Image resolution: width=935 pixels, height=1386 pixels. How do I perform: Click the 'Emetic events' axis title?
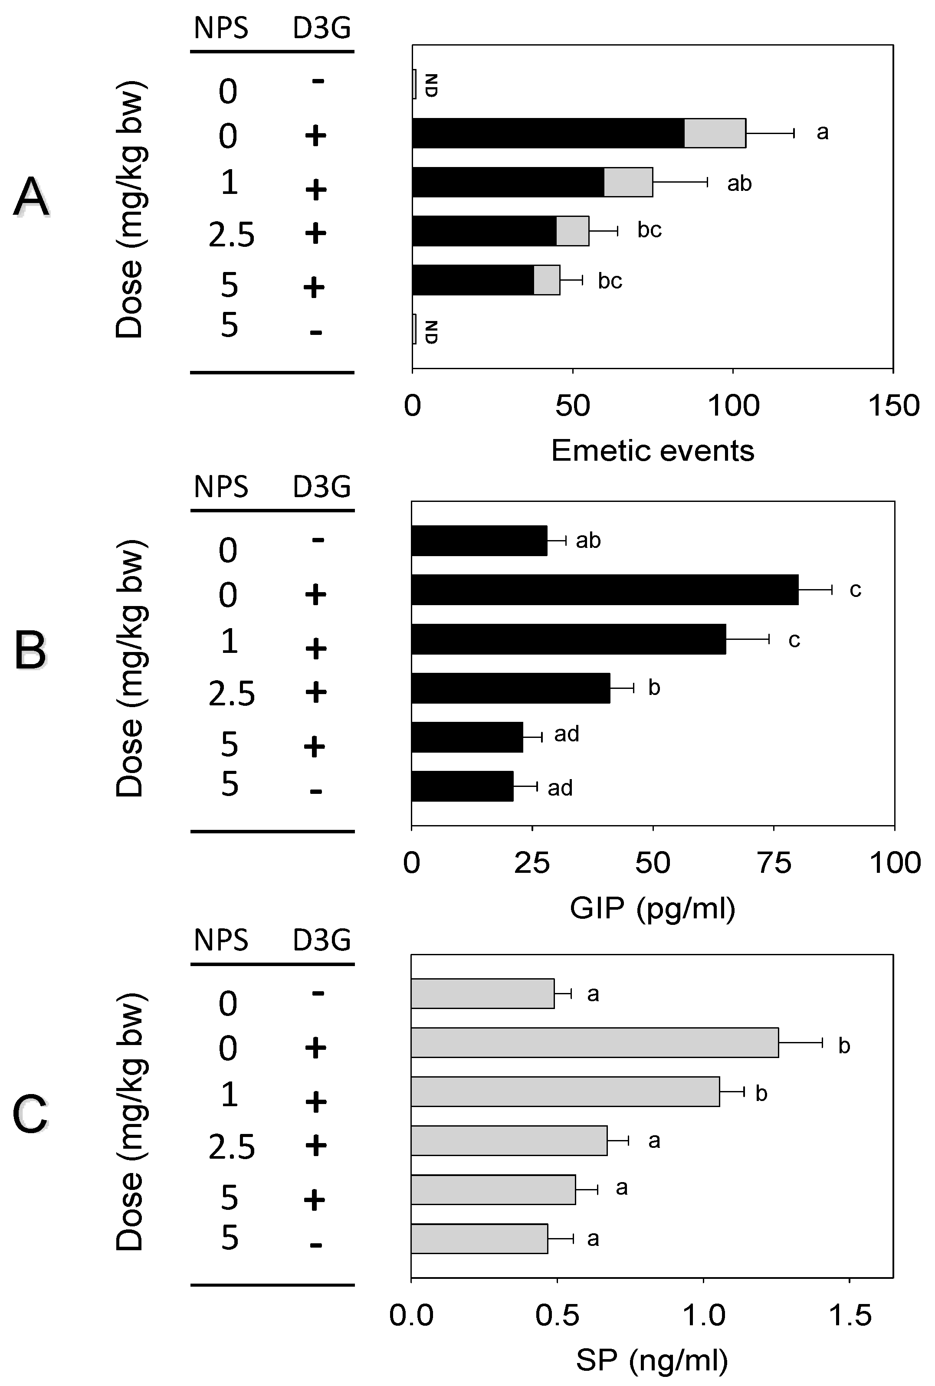653,451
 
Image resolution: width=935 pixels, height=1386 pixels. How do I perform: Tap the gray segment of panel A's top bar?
714,133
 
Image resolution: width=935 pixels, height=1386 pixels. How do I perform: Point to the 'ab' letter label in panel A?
739,183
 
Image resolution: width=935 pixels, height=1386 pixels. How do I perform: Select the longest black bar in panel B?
605,590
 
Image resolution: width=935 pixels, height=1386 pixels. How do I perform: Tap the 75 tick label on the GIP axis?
774,864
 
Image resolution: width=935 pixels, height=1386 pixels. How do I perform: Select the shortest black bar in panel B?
462,786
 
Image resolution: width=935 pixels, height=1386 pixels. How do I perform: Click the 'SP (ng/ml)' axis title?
653,1361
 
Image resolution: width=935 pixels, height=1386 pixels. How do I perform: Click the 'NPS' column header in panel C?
221,940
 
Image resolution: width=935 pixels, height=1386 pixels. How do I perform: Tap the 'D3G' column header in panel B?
322,487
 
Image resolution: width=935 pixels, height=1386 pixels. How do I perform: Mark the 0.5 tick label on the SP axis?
557,1316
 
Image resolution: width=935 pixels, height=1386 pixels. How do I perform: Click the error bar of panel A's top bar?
770,133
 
